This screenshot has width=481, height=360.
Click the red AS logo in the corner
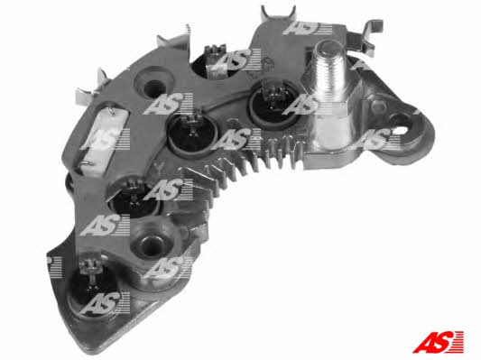438,342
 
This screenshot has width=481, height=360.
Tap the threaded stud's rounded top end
328,48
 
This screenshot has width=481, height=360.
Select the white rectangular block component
105,141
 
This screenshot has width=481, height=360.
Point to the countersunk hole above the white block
153,84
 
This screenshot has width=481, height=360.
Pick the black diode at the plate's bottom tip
92,291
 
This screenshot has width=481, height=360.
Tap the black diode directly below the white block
134,197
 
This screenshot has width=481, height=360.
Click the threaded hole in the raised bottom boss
150,245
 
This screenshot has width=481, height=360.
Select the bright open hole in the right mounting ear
402,123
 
